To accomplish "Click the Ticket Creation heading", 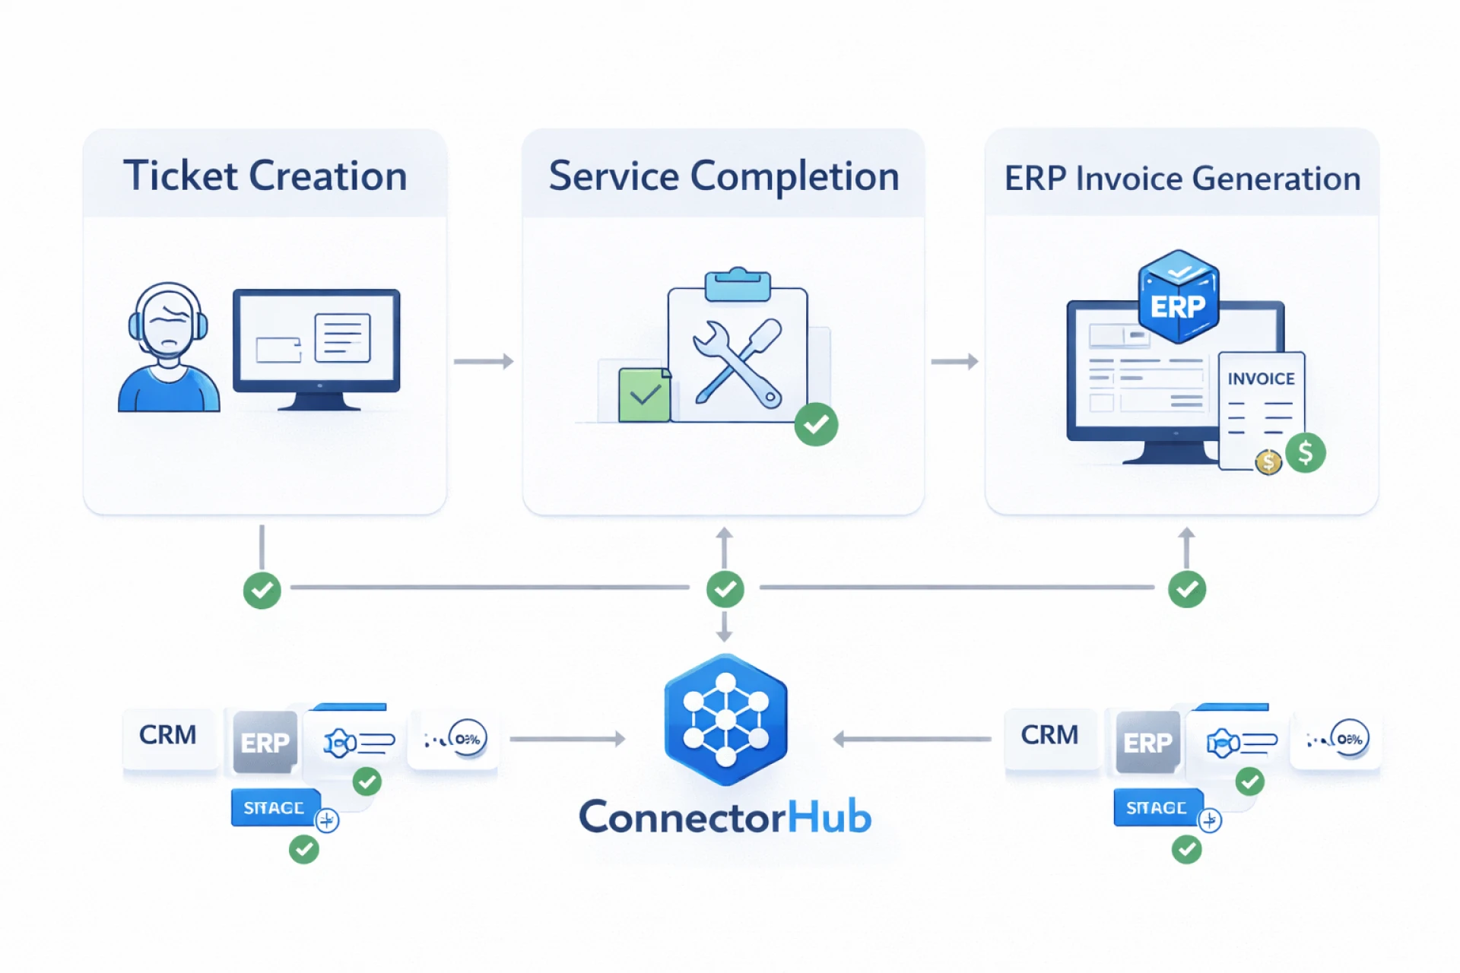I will point(265,176).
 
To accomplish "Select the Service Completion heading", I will point(723,176).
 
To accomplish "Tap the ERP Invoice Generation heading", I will point(1182,179).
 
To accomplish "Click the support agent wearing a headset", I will point(168,349).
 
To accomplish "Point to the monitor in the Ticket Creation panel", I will point(316,347).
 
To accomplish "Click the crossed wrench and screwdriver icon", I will point(737,363).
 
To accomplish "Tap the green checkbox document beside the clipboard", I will point(644,395).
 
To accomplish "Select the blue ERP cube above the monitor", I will point(1178,297).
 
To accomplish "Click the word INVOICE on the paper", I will point(1261,379).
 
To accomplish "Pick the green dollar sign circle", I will point(1306,453).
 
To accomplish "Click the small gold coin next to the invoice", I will point(1268,461).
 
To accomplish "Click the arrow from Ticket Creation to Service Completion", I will point(484,361).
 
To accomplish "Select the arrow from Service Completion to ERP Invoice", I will point(954,361).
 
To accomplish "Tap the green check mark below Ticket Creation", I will point(262,590).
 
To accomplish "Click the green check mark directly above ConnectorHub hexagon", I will point(725,589).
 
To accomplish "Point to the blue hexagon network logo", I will point(725,719).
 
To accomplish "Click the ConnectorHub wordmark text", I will point(725,817).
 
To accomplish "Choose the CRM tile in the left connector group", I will point(168,735).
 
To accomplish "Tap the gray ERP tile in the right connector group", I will point(1147,743).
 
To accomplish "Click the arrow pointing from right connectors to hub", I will point(912,739).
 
